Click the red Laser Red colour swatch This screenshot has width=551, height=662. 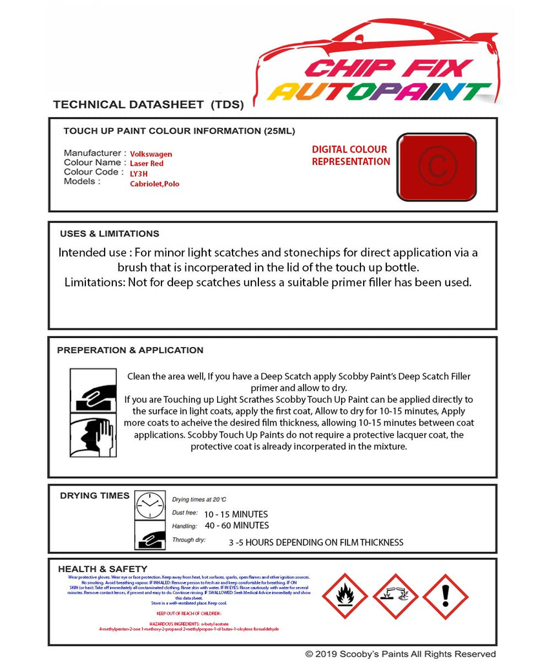click(x=437, y=167)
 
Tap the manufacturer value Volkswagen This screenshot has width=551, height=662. click(x=151, y=155)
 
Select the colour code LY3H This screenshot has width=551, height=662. click(x=139, y=174)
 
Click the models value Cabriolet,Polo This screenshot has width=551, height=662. click(x=154, y=184)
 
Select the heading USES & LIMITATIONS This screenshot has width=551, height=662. click(x=109, y=234)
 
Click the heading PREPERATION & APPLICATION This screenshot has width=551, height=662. click(x=130, y=350)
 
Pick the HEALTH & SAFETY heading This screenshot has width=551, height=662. click(x=103, y=569)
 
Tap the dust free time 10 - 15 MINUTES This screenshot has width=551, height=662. click(x=236, y=515)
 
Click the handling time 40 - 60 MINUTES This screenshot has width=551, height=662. click(x=236, y=526)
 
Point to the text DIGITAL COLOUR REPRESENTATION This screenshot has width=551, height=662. click(x=351, y=156)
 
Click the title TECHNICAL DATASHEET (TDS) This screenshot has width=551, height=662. click(x=148, y=105)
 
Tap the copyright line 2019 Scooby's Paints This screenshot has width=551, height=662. click(x=400, y=654)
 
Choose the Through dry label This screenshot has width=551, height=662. click(x=189, y=539)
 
